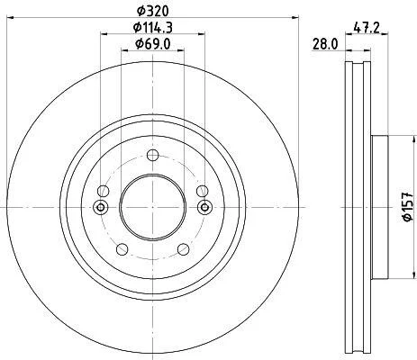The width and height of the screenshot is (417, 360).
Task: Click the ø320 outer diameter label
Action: [152, 11]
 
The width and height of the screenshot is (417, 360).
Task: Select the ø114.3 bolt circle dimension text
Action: [152, 28]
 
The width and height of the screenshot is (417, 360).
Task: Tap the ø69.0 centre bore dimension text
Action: [152, 44]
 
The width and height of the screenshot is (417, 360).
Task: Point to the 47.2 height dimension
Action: [367, 28]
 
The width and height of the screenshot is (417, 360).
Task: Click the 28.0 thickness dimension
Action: [325, 44]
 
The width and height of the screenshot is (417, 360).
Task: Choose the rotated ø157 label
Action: [408, 207]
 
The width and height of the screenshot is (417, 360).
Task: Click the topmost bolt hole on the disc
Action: [152, 155]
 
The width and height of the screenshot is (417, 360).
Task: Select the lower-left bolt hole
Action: [122, 249]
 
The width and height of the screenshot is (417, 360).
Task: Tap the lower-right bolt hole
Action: [184, 249]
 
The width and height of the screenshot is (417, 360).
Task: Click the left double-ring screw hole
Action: [101, 207]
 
